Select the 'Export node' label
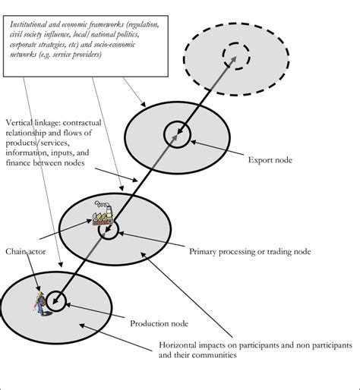click(269, 160)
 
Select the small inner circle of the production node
click(55, 300)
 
